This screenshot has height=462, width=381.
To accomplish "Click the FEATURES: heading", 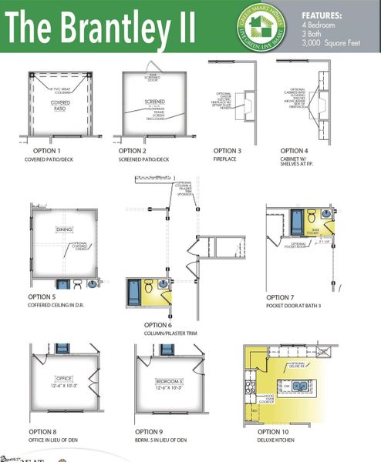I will pyautogui.click(x=320, y=15).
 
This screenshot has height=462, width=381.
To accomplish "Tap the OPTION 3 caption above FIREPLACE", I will pyautogui.click(x=228, y=151).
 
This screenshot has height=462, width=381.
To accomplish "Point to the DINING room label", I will pyautogui.click(x=62, y=229).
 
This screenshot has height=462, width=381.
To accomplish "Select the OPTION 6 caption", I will pyautogui.click(x=158, y=325).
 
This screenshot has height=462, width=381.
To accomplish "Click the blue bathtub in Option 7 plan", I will pyautogui.click(x=296, y=218).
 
